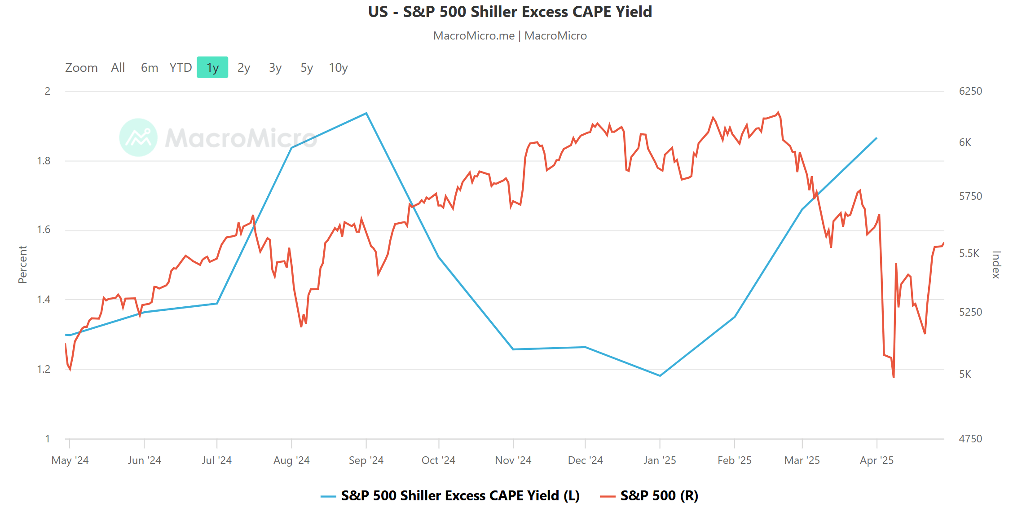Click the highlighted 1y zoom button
click(212, 67)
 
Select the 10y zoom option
click(338, 67)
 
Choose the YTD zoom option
click(181, 67)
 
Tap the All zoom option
click(118, 67)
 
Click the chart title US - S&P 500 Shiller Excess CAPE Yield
click(510, 12)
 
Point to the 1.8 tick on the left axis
click(44, 161)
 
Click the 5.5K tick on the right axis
click(969, 253)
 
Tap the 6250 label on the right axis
click(970, 91)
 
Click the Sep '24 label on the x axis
click(366, 460)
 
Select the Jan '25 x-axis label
click(660, 460)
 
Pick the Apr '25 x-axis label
click(877, 460)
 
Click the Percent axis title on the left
click(22, 265)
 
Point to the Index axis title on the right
click(996, 265)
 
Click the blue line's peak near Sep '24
click(366, 113)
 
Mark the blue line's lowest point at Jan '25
click(660, 375)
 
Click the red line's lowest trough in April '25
click(894, 377)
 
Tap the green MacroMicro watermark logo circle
click(138, 137)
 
